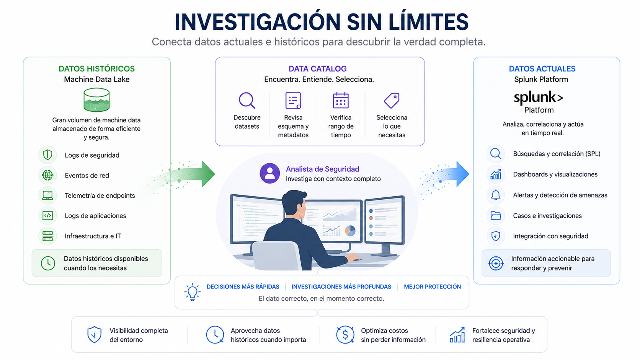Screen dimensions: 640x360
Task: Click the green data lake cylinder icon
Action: (96, 99)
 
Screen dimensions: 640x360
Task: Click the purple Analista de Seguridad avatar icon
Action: (269, 173)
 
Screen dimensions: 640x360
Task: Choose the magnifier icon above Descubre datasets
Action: (247, 100)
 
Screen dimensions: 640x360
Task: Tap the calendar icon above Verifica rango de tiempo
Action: (341, 100)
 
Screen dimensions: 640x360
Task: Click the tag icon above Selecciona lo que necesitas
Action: (392, 100)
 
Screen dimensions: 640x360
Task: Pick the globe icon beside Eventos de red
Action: (47, 175)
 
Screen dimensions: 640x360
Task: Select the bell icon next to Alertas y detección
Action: (496, 195)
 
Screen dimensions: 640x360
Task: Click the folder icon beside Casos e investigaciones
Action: (496, 215)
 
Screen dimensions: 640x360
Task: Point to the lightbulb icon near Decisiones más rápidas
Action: (193, 292)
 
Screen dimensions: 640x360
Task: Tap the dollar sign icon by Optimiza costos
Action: (345, 335)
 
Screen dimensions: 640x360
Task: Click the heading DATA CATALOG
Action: (317, 69)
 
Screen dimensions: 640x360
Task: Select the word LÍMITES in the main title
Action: (428, 22)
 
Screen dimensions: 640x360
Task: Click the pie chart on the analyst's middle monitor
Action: (350, 231)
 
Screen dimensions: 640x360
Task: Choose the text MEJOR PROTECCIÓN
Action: (432, 287)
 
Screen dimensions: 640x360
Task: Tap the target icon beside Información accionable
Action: (496, 263)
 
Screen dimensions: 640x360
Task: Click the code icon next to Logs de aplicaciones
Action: (47, 215)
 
